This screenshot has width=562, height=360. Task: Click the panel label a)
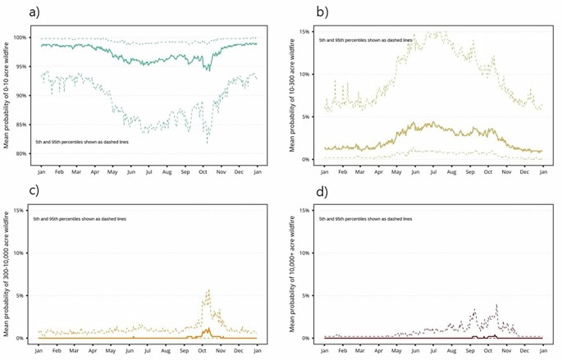point(12,11)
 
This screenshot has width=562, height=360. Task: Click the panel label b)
point(299,11)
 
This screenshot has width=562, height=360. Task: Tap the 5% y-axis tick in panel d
point(305,295)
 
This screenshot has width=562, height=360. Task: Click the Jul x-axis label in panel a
point(148,171)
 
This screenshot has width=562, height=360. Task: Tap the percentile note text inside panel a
point(78,142)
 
